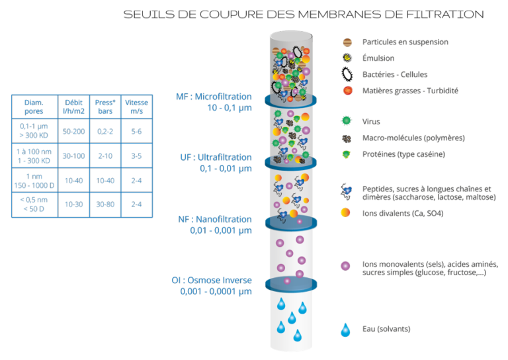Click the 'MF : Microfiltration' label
point(214,96)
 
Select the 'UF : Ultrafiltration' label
point(216,157)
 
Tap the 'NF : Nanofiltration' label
point(215,219)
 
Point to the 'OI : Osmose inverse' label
point(212,280)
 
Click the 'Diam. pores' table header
point(33,107)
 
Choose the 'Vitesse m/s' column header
point(136,107)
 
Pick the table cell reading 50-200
point(73,132)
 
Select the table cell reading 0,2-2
point(105,132)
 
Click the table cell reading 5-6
point(136,132)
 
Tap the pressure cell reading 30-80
point(105,204)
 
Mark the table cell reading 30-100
point(73,156)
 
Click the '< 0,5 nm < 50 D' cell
point(33,204)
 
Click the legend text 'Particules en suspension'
point(405,42)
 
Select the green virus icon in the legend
point(346,122)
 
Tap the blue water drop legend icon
point(345,330)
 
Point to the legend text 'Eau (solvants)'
point(386,330)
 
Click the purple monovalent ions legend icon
point(345,266)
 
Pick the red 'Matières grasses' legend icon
point(346,91)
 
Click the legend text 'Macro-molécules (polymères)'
point(413,138)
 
